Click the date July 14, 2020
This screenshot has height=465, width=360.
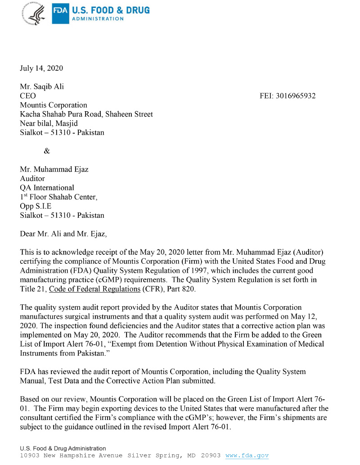click(x=41, y=68)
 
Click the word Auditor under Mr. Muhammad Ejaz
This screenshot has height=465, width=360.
click(x=33, y=179)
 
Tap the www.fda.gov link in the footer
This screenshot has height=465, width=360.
click(x=247, y=456)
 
